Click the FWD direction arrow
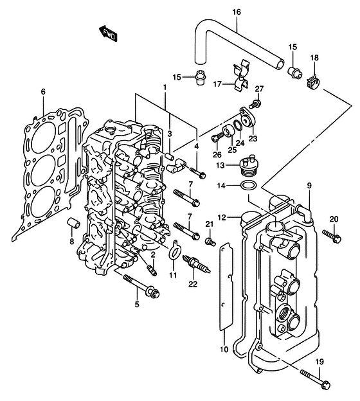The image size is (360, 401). point(108,33)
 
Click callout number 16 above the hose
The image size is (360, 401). point(237,12)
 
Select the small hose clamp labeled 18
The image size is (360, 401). point(312,82)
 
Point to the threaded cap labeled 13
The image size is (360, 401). point(248,166)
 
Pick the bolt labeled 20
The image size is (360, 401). point(332,236)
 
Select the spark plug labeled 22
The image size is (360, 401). point(196,263)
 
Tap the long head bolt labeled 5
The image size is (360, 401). point(141,286)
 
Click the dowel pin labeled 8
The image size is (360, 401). point(74,223)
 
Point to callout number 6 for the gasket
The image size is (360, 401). point(43,91)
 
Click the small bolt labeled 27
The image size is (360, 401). point(255,103)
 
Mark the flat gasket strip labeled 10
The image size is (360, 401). point(226,287)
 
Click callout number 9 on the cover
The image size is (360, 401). point(309,186)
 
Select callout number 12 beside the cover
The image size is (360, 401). point(222,218)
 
